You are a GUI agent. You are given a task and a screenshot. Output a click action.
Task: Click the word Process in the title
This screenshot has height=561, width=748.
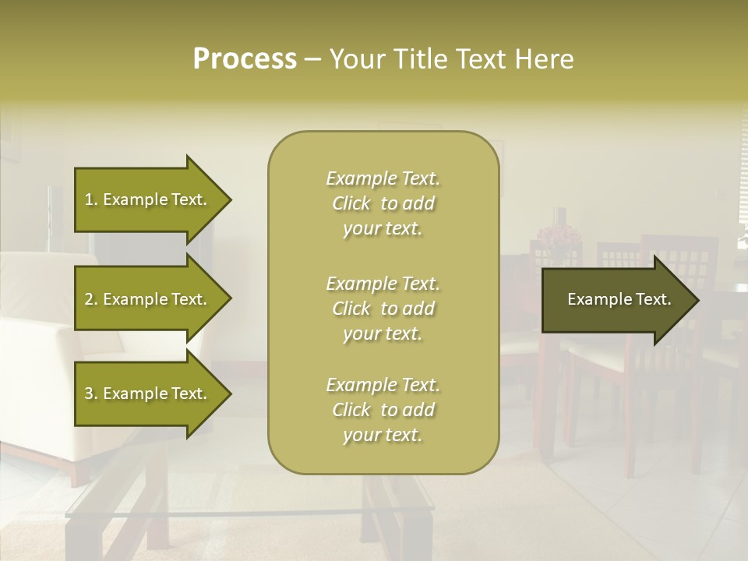[245, 59]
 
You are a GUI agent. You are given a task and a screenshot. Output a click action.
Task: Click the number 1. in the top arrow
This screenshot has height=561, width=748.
[90, 199]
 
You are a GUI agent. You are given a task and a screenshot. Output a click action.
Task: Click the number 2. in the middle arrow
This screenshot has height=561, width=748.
[90, 299]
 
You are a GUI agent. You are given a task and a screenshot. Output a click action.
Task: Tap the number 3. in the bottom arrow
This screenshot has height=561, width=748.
[90, 393]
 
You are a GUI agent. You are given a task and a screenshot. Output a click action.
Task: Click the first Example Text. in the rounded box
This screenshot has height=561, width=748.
[383, 178]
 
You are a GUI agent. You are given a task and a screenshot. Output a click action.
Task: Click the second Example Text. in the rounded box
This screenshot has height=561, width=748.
[383, 284]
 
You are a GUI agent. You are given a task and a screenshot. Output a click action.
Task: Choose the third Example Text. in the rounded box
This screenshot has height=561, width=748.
[383, 385]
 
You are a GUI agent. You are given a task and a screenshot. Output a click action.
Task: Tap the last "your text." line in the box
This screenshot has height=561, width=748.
[383, 435]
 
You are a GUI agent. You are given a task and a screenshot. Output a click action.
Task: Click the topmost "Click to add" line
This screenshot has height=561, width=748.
[383, 203]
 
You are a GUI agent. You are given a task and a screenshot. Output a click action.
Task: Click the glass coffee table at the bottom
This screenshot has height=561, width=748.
[234, 514]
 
